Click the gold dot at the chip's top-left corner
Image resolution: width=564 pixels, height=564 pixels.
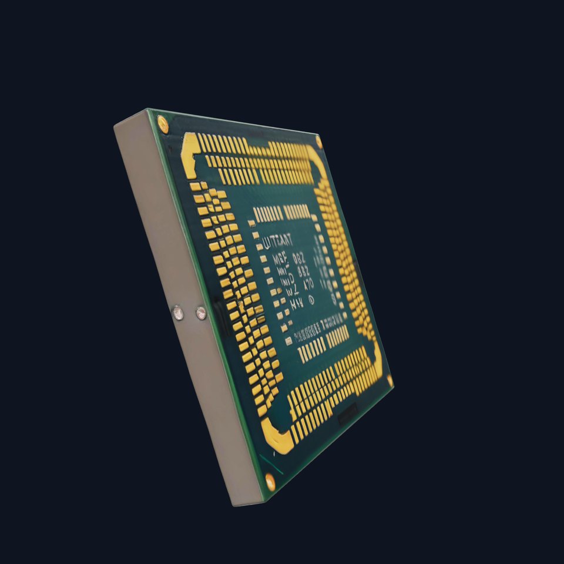point(163,124)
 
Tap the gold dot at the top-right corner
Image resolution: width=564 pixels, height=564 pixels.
point(318,141)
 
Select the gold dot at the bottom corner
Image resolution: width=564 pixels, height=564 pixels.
point(270,481)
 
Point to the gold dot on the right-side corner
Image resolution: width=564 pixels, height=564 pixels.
point(390,381)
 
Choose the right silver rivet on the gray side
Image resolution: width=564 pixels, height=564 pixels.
point(201,313)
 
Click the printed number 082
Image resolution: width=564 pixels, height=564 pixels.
point(299,257)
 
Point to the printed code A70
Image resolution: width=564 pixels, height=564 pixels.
point(307,284)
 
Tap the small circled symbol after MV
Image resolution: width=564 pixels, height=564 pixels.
point(311,299)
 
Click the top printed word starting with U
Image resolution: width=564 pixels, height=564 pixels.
point(281,240)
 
